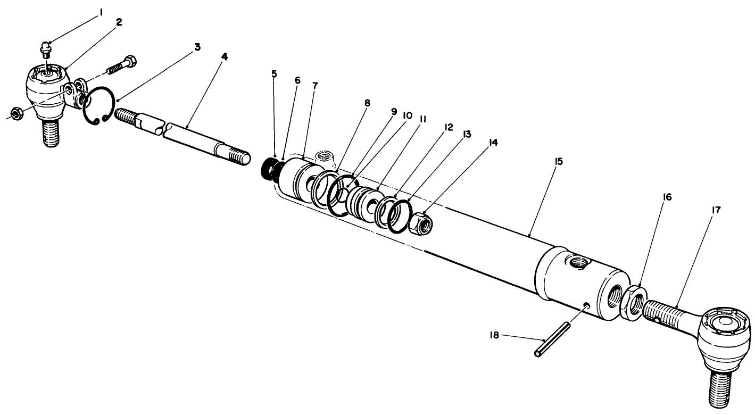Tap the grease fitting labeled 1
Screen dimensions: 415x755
click(x=45, y=51)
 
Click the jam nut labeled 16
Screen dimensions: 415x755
click(x=634, y=301)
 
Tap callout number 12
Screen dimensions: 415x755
click(x=448, y=128)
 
